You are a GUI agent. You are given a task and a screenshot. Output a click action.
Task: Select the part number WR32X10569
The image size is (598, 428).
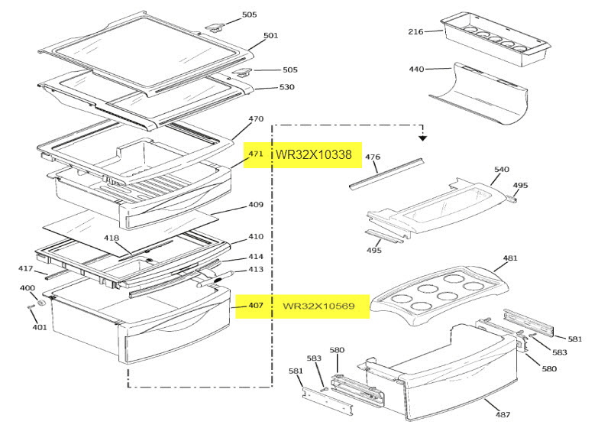pos(318,306)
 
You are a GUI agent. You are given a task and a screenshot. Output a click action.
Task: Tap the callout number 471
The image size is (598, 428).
pos(255,154)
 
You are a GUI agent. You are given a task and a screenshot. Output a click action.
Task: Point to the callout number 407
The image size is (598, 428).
pos(255,306)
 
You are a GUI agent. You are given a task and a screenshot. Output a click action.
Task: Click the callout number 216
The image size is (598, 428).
pos(415,31)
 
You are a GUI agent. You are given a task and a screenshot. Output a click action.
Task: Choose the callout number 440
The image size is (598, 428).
pos(415,70)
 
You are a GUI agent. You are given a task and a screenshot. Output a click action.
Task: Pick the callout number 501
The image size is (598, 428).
pos(270,35)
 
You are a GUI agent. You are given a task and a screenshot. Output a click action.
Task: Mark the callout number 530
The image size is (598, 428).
pos(286,87)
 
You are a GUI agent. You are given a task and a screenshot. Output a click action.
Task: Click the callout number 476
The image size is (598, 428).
pos(372,157)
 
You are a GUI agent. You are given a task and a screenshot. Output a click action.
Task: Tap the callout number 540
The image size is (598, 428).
pos(502,169)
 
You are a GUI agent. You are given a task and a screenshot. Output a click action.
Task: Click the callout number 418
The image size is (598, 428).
pos(112,238)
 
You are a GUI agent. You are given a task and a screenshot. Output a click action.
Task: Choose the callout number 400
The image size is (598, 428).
pos(27,288)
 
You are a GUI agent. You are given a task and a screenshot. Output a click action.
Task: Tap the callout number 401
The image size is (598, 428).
pos(39,327)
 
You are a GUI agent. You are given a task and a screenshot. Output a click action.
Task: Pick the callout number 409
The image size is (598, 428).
pos(256,204)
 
